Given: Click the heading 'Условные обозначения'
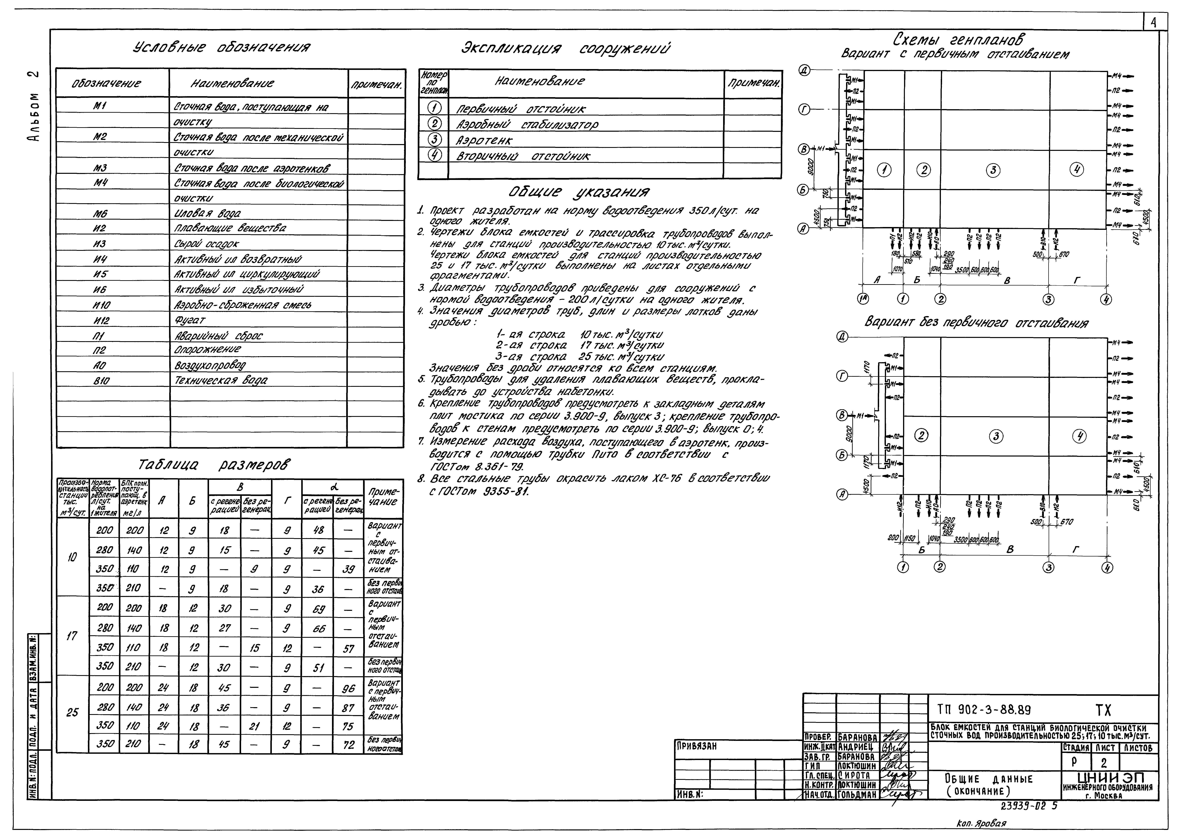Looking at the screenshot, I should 222,48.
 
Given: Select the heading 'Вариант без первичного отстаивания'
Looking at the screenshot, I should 976,324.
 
